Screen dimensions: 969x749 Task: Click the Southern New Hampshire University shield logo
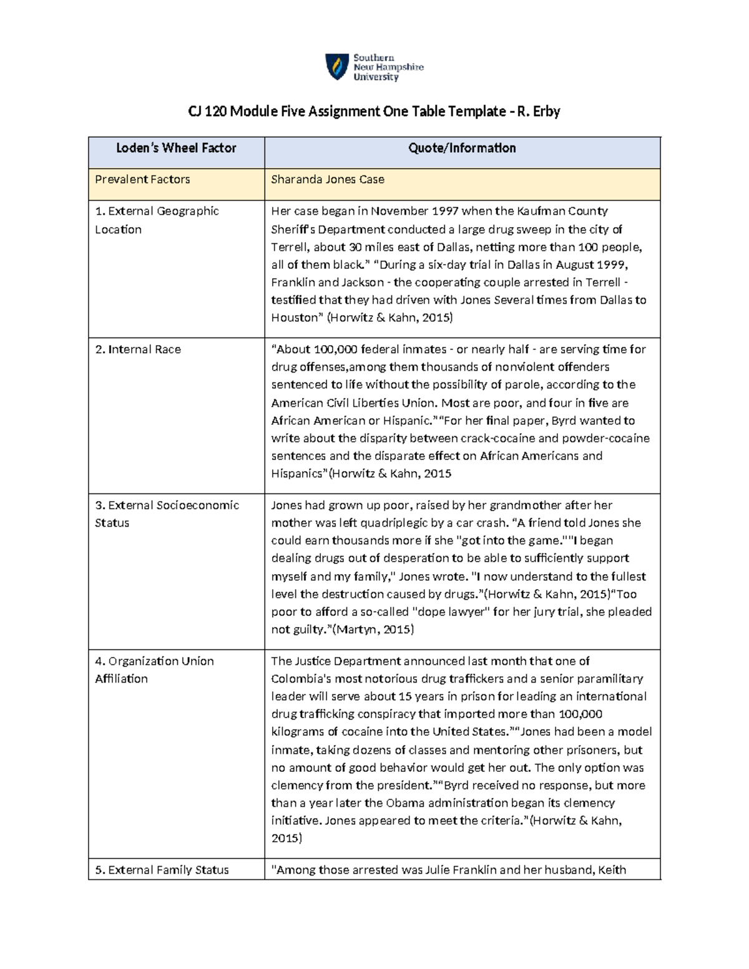(337, 67)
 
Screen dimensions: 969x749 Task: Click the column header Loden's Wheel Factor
(176, 149)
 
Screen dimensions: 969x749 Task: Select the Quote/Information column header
(462, 149)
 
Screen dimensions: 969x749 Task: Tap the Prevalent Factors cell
(142, 180)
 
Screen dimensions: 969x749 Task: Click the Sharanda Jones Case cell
(327, 180)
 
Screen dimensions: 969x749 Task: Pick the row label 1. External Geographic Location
(157, 220)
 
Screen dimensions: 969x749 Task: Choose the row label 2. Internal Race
(138, 349)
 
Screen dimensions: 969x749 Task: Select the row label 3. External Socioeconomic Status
(167, 514)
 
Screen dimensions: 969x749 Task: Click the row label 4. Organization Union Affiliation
(154, 670)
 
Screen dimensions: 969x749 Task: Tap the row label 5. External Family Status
(162, 870)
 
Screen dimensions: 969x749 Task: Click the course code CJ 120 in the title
(207, 112)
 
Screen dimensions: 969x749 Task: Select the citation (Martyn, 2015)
(373, 630)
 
